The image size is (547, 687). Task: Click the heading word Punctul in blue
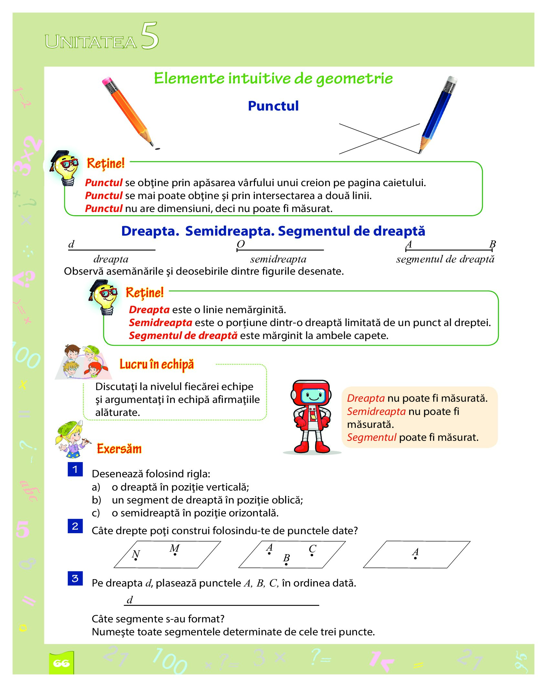273,106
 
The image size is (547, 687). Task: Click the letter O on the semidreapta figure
241,244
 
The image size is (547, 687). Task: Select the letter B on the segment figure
492,244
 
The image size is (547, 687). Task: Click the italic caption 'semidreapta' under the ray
278,259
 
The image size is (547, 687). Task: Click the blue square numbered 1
75,469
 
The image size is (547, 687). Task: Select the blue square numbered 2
75,526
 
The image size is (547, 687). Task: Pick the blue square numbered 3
75,578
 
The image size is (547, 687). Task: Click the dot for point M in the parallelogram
175,554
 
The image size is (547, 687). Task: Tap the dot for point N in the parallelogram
136,559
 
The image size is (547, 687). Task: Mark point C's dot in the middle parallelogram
312,555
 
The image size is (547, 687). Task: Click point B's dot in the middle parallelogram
286,564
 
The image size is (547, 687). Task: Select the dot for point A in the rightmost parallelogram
416,558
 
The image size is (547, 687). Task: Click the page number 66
61,663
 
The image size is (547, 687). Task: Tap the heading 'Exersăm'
119,449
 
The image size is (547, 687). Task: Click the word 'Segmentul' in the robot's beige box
372,437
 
